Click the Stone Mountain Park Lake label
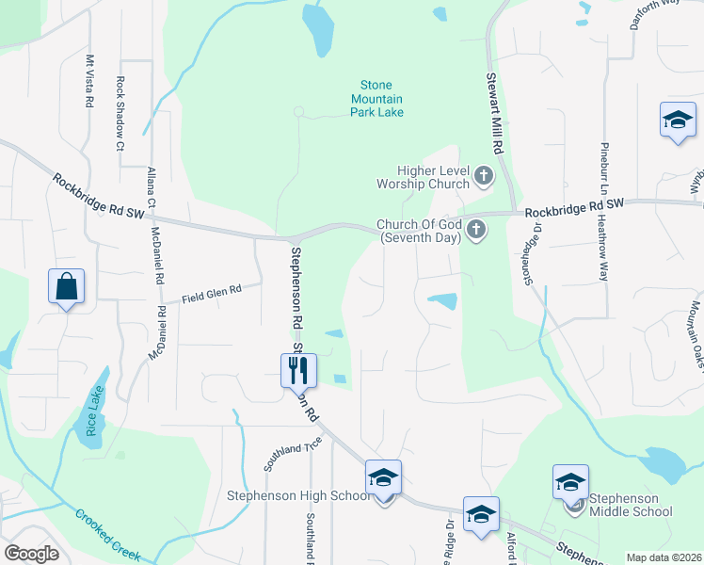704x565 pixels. [377, 99]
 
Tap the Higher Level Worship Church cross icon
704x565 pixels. [484, 175]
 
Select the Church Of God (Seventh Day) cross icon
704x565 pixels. [476, 229]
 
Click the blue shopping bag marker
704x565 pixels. [66, 287]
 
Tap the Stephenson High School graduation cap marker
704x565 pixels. [383, 478]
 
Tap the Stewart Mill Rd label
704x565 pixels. [496, 115]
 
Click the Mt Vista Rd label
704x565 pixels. [90, 81]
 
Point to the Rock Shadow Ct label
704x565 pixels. [120, 113]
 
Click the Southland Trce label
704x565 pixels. [293, 454]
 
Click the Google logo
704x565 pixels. [30, 554]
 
